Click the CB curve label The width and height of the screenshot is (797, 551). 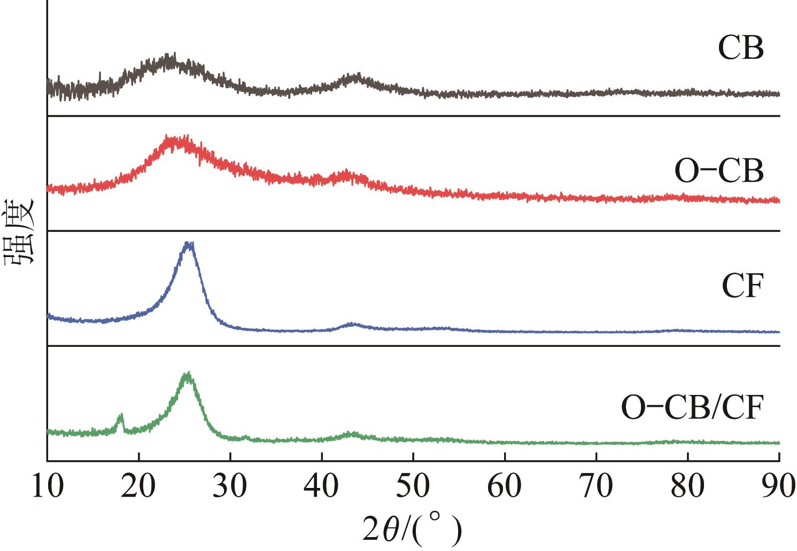coord(740,49)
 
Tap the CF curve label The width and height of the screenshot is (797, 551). coord(741,288)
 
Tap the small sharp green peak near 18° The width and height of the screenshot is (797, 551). coord(121,415)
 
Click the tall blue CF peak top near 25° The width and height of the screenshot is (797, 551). coord(189,244)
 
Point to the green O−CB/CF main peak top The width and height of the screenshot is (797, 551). coord(187,374)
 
